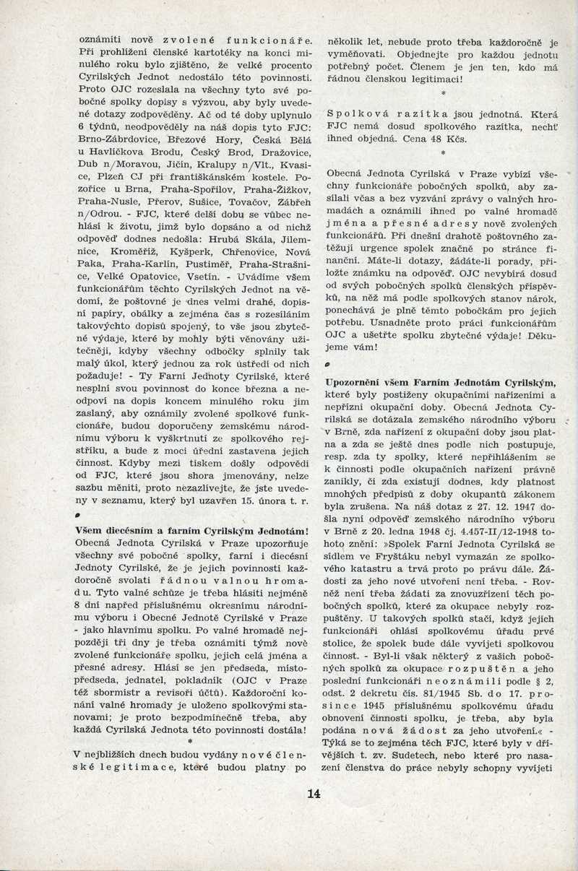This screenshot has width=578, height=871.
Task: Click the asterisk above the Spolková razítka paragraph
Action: tap(442, 94)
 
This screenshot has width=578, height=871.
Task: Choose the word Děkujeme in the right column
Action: tap(535, 337)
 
